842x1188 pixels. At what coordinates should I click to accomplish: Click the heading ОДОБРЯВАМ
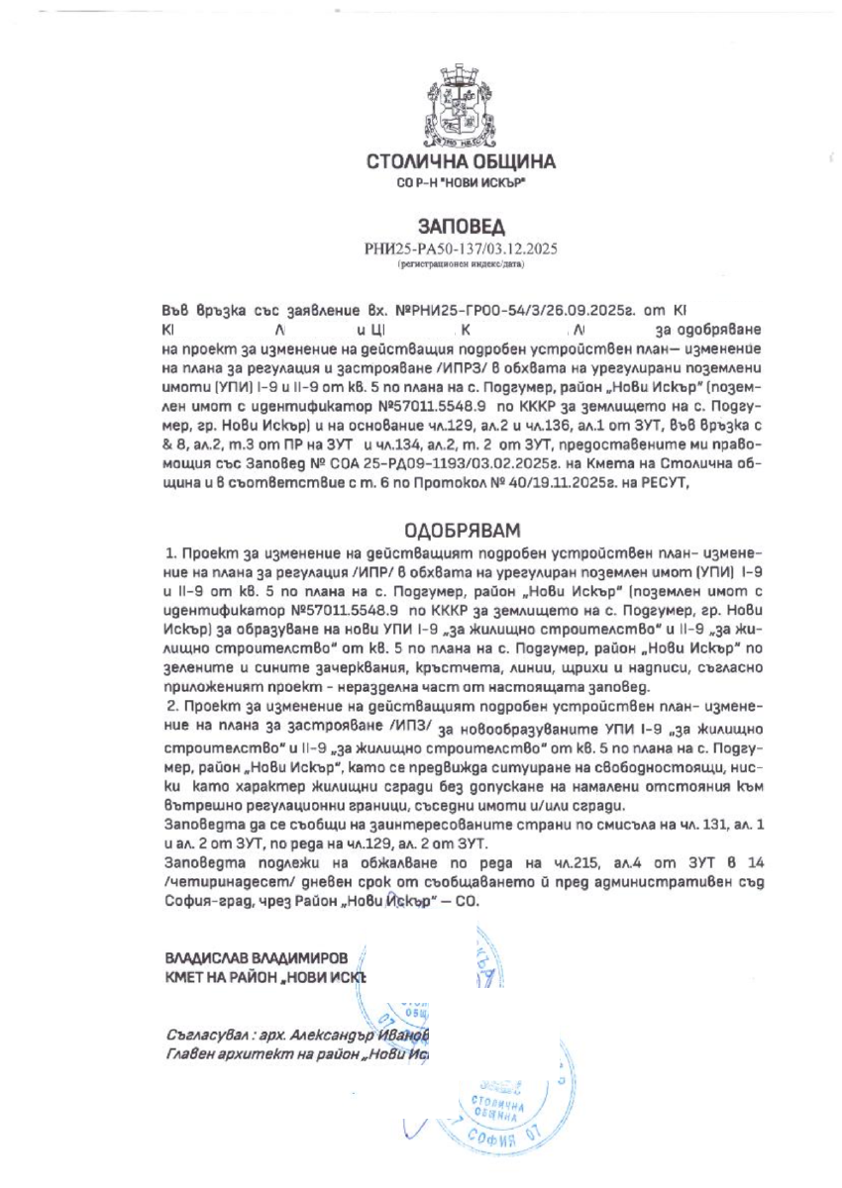[461, 533]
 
